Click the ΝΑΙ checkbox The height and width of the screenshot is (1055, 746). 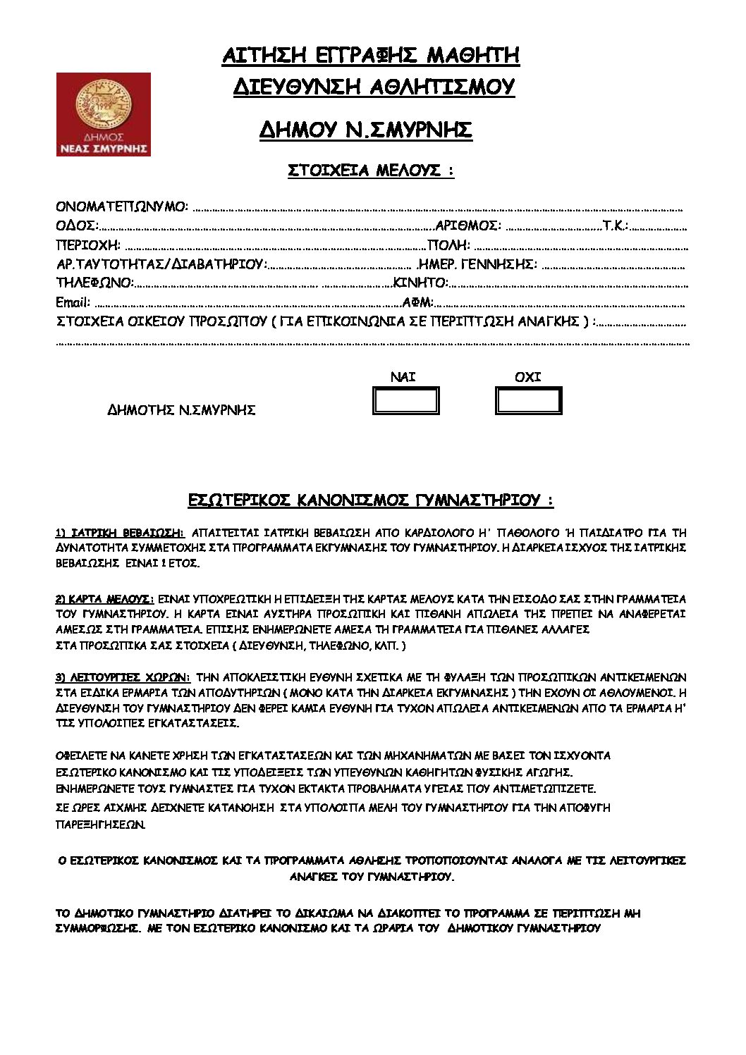[x=405, y=401]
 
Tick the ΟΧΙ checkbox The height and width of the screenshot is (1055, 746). [x=529, y=401]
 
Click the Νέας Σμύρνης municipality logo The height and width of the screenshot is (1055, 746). [x=104, y=114]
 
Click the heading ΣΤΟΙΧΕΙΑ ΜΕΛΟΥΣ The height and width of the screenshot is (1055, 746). [x=371, y=171]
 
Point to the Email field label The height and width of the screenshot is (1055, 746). [x=73, y=302]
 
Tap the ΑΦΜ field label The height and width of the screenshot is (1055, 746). [x=417, y=302]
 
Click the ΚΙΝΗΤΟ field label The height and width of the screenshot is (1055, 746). [x=421, y=283]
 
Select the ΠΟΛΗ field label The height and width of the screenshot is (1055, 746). [x=449, y=245]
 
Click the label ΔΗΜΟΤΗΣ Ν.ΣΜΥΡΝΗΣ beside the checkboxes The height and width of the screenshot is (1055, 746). [x=181, y=410]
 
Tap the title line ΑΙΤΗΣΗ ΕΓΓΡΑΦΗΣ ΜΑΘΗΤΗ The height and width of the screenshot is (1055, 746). [x=371, y=56]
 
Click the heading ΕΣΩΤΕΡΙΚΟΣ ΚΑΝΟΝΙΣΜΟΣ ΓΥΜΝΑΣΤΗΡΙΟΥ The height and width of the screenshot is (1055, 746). [x=371, y=500]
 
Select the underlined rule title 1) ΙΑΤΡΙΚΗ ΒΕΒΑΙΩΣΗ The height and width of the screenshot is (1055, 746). [x=120, y=533]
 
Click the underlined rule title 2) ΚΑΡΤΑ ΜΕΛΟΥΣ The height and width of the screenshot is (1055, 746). [x=104, y=599]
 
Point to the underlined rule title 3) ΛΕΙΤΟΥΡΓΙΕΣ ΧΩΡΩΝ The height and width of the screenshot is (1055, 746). [x=123, y=678]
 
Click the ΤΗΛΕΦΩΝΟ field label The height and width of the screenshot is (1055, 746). [x=94, y=283]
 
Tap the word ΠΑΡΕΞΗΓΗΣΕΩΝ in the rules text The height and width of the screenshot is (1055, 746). [x=101, y=824]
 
